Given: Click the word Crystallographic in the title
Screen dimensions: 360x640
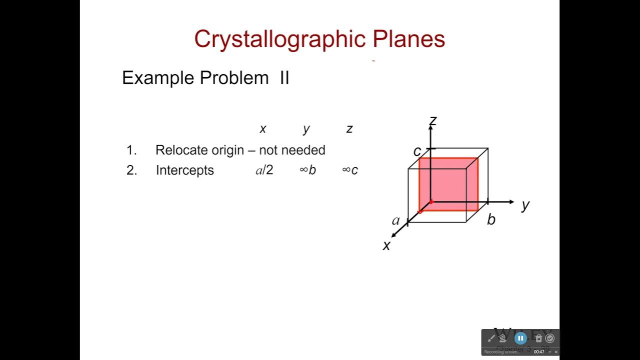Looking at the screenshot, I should (280, 39).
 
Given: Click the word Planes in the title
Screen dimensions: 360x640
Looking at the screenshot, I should (408, 39).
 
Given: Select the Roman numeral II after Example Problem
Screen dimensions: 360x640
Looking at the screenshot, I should (284, 78).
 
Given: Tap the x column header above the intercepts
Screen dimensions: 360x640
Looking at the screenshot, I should (263, 129).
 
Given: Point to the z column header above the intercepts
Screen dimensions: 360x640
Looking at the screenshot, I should (349, 129).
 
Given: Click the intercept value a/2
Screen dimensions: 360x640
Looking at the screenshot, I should (264, 170).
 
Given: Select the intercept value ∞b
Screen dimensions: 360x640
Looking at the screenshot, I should (307, 170).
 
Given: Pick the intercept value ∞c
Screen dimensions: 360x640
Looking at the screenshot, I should (350, 170).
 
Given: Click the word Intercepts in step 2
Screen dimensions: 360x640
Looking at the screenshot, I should (184, 170).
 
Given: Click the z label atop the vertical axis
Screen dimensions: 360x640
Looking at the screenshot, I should (433, 120).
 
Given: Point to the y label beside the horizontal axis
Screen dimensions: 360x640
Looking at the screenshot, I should (525, 204).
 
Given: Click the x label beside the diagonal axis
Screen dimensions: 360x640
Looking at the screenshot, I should (386, 245).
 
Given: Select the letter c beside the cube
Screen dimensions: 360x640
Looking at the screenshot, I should (417, 151).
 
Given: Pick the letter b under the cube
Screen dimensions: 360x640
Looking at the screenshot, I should (491, 219).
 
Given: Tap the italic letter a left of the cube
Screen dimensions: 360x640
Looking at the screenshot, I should (396, 220).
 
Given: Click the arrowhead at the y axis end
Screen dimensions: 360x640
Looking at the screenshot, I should (510, 201).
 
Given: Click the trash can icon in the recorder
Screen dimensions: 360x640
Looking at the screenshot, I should (538, 338).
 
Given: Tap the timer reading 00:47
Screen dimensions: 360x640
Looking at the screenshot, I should (539, 352).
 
